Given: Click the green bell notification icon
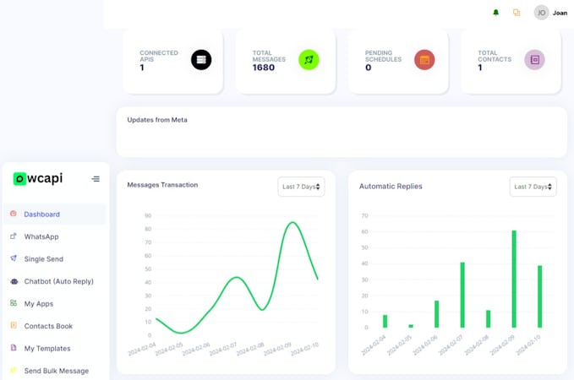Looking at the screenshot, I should point(495,13).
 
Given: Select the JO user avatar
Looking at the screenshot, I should point(541,13).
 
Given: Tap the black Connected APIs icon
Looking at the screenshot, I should point(201,59).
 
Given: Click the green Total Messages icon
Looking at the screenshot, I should point(309,59).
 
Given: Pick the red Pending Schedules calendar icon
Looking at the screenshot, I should point(424,59).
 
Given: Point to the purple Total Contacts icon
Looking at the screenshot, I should point(533,59).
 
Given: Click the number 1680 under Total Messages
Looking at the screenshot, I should point(265,68).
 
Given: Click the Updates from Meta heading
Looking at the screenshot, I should point(157,120).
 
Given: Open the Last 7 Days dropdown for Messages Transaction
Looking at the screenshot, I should point(302,187).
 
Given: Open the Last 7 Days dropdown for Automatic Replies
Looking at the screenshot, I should point(533,187).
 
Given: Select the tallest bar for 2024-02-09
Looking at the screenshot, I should point(513,279).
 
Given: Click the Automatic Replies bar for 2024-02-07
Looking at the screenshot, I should point(462,295).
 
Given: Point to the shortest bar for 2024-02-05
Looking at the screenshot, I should point(411,326).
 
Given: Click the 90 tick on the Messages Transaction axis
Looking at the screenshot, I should point(148,216).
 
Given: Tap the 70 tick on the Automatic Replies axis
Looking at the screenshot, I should point(364,216).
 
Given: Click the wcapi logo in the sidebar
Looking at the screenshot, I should point(38,178).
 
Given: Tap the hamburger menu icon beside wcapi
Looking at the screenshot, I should point(96,179).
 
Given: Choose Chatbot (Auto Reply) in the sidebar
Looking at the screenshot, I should point(58,281).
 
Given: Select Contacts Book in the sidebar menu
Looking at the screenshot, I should point(48,326).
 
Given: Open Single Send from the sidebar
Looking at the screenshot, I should point(43,259).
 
